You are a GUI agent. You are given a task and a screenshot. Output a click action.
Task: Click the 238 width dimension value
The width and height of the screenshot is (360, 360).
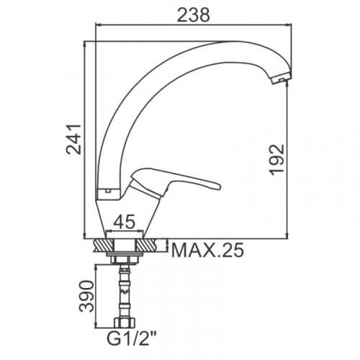pyautogui.click(x=194, y=15)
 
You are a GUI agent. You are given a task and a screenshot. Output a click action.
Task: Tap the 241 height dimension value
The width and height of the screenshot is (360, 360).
pyautogui.click(x=74, y=139)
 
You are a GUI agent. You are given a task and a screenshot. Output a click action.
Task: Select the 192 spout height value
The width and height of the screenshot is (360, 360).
pyautogui.click(x=277, y=160)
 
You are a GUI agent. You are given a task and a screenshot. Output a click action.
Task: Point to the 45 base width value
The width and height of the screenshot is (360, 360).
pyautogui.click(x=124, y=222)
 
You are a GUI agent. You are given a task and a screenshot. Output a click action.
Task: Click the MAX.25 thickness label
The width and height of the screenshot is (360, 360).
pyautogui.click(x=208, y=250)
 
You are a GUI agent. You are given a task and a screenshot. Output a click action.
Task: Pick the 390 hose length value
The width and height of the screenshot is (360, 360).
pyautogui.click(x=86, y=296)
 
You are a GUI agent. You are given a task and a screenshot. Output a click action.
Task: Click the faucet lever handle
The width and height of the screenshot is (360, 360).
pyautogui.click(x=175, y=183)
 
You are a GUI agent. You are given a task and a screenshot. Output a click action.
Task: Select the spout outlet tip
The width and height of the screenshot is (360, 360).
pyautogui.click(x=282, y=78)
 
